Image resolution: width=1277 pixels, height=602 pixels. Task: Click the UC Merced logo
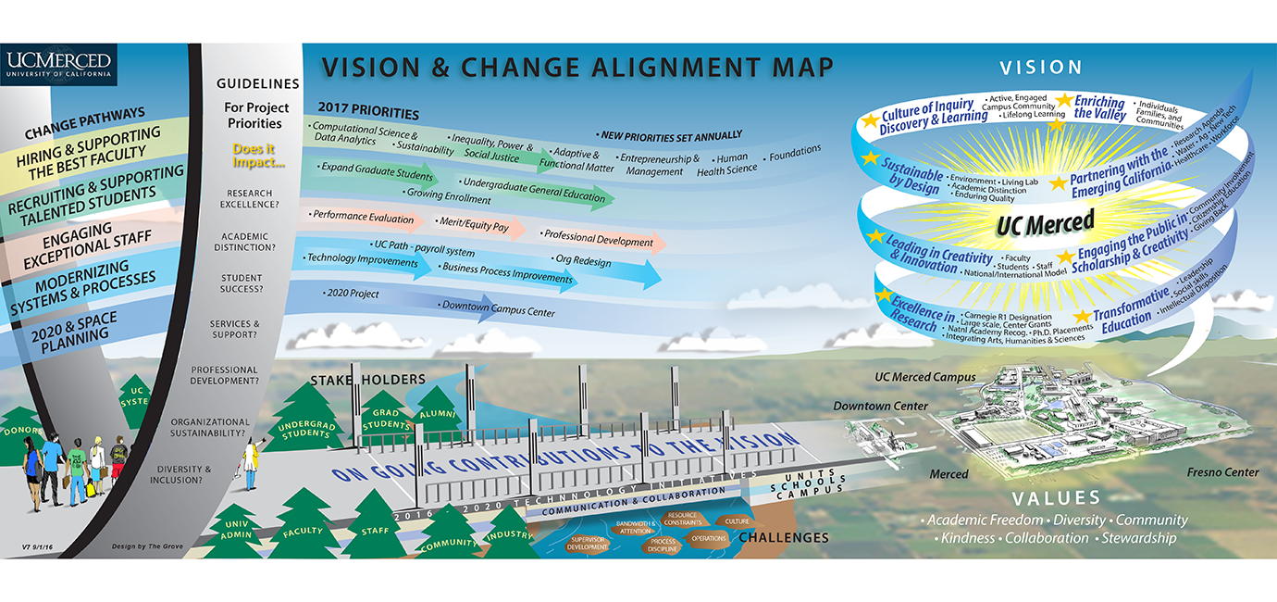[x=58, y=65]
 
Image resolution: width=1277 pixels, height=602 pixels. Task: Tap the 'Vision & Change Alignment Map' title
[x=577, y=68]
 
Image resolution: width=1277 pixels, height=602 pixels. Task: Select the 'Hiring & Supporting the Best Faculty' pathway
[x=88, y=152]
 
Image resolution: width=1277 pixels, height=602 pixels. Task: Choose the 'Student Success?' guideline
[x=242, y=283]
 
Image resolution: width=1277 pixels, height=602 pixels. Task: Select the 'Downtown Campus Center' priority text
[x=498, y=308]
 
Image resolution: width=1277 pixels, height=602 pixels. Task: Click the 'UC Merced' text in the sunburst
[x=1045, y=222]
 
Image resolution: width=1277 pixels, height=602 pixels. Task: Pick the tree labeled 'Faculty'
[x=303, y=531]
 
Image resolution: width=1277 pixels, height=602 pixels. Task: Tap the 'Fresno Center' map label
[x=1222, y=472]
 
